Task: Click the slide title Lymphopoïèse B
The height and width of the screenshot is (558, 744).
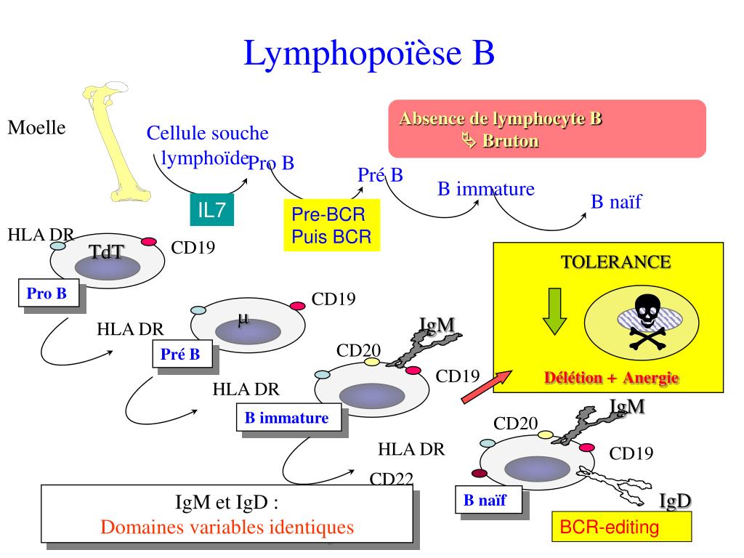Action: (x=369, y=54)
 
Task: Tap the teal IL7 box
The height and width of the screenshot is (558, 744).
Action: (x=212, y=210)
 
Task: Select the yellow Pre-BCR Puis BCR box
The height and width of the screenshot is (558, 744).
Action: (x=331, y=225)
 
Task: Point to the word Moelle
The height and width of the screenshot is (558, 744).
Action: (x=36, y=128)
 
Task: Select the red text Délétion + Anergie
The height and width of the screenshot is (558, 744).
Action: (x=611, y=378)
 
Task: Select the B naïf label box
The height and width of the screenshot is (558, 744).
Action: (x=485, y=500)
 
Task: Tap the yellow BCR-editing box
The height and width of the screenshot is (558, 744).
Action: (x=621, y=527)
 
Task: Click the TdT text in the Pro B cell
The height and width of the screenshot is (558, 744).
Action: (x=106, y=252)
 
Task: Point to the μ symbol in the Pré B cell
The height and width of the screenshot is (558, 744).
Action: (x=243, y=318)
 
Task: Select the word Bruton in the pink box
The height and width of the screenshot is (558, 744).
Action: (x=510, y=141)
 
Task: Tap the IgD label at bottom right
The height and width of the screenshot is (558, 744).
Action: (x=675, y=501)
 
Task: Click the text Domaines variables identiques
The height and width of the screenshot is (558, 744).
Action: (x=227, y=527)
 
